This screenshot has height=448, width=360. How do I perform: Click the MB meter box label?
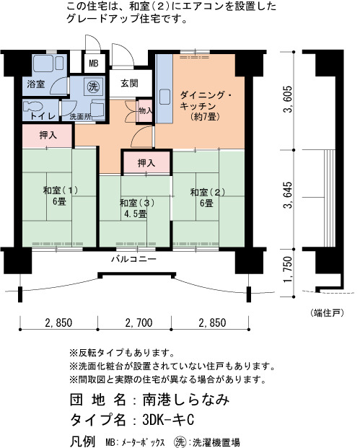(94, 63)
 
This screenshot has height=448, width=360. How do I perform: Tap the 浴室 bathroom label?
(36, 84)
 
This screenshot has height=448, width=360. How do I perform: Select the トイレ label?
(43, 116)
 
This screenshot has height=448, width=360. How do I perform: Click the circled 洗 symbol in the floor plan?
(93, 87)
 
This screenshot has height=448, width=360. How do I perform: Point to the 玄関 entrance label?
(130, 84)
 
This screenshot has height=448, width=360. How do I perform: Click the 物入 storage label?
(146, 110)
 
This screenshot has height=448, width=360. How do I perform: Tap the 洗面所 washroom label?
(81, 117)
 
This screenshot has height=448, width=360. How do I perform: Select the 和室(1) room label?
(61, 190)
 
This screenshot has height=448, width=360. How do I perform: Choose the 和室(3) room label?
(137, 203)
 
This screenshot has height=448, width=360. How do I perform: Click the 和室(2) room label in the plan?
(208, 193)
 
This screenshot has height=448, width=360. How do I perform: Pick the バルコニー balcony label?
(133, 259)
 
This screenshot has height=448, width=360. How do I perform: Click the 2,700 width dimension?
(139, 323)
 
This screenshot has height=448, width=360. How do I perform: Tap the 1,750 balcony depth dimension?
(288, 269)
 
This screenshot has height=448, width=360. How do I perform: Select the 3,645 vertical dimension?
(288, 195)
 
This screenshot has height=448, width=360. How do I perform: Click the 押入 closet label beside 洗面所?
(48, 136)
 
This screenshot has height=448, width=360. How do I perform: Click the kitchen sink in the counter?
(164, 97)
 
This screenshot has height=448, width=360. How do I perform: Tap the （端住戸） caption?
(327, 313)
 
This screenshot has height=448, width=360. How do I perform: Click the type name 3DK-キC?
(168, 420)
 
